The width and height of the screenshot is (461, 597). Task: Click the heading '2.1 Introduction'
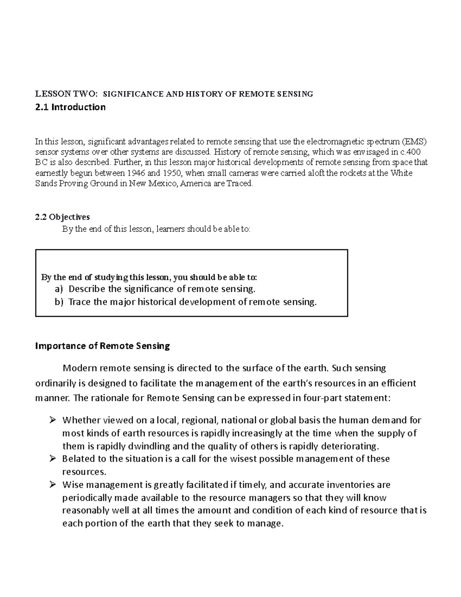(70, 107)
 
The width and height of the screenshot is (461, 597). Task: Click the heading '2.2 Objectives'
(62, 217)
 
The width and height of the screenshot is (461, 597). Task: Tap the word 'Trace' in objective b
(79, 302)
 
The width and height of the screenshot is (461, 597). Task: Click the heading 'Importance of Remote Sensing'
(102, 346)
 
